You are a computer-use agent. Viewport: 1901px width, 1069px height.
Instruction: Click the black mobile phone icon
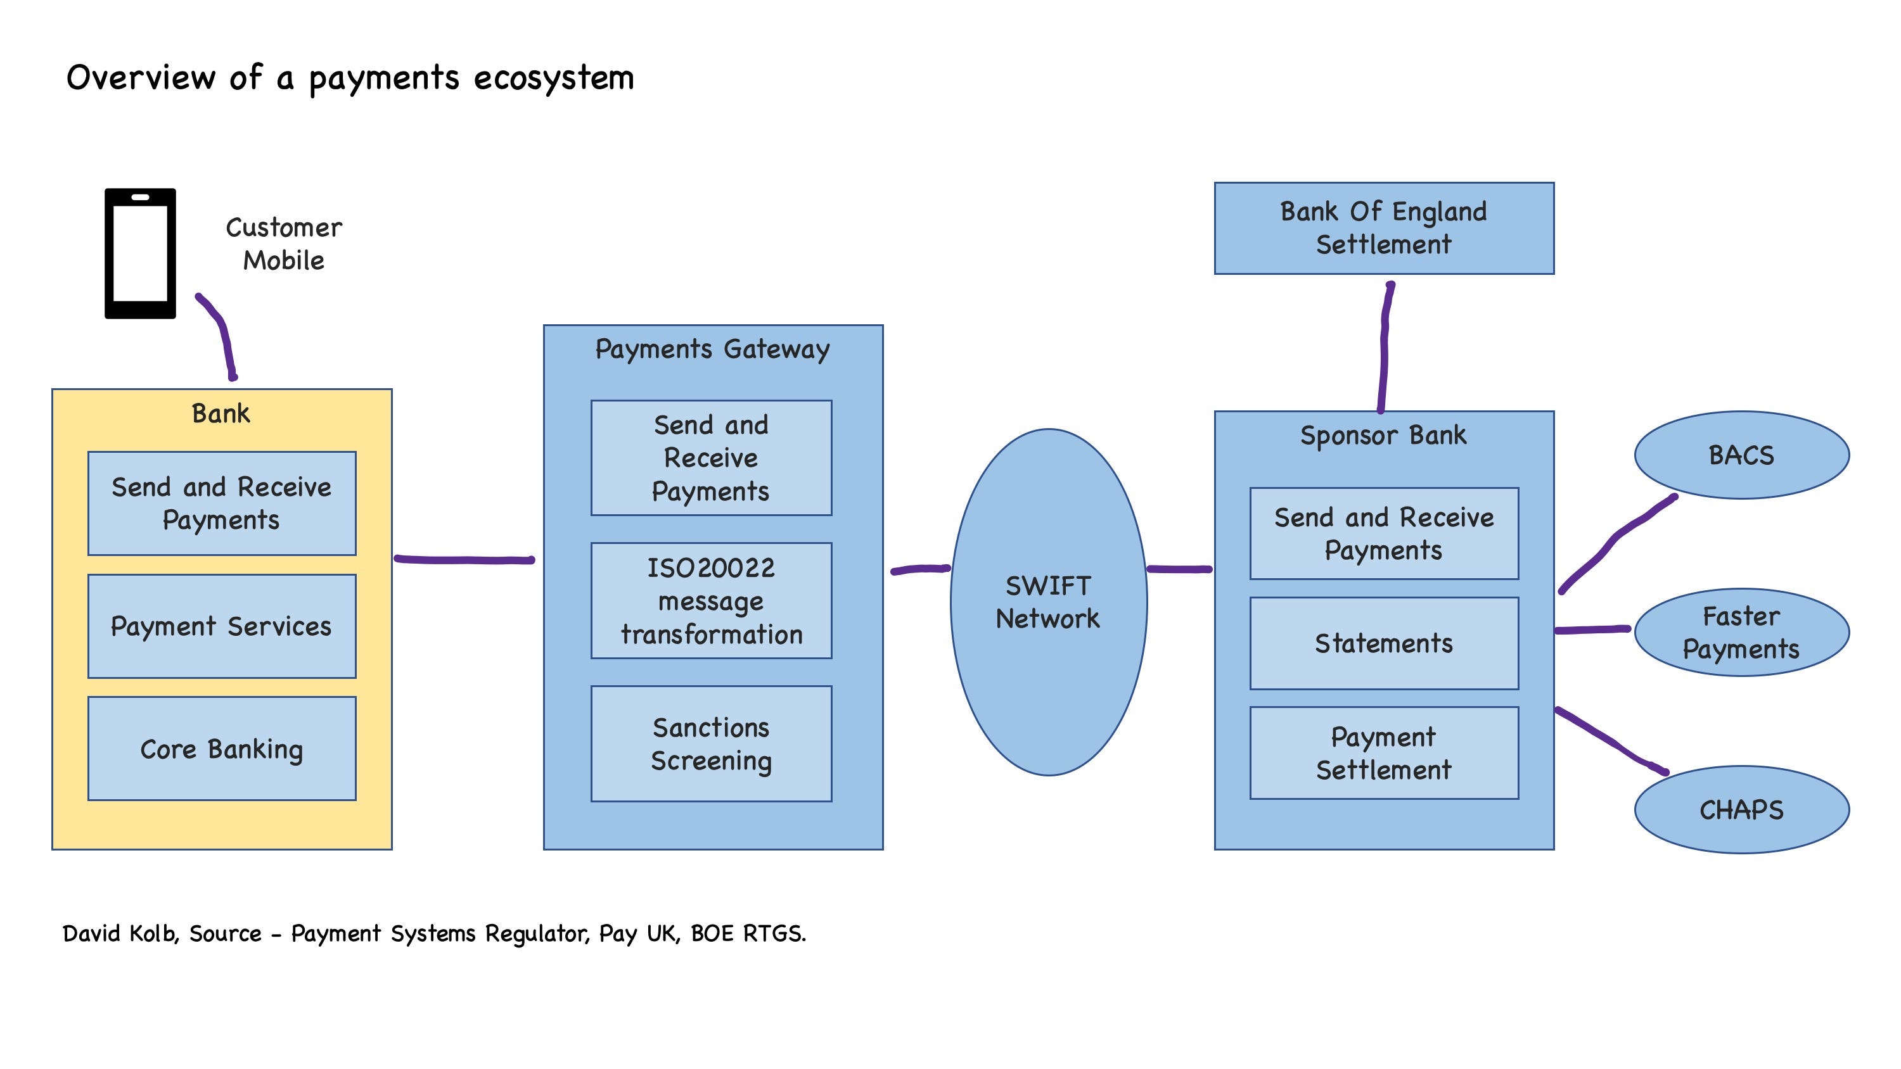[x=140, y=253]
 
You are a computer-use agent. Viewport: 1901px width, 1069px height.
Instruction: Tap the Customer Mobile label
[x=283, y=244]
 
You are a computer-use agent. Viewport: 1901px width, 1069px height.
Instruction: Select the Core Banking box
[x=221, y=749]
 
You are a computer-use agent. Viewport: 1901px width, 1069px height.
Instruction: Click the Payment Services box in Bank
[x=221, y=626]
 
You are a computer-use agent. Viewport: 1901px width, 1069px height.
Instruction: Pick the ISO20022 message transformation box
[x=711, y=600]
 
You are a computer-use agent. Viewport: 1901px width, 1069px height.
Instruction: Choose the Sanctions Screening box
[x=711, y=743]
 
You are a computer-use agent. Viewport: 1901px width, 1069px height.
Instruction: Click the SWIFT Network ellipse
[x=1048, y=602]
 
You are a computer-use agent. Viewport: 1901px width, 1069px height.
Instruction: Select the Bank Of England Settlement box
[x=1384, y=228]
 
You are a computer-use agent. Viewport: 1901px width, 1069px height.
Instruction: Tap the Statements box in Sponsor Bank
[x=1384, y=643]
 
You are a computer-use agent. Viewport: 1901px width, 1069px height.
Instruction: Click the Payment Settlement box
[x=1384, y=753]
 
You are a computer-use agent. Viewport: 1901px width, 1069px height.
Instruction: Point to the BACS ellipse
[x=1741, y=455]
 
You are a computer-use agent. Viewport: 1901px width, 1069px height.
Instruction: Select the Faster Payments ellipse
[x=1741, y=632]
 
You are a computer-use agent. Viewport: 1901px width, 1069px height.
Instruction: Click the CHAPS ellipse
[x=1741, y=810]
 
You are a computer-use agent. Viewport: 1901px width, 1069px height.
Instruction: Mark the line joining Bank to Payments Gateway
[x=465, y=560]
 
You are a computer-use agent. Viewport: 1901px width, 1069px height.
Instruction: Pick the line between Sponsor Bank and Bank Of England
[x=1385, y=347]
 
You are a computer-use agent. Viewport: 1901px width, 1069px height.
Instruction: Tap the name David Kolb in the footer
[x=120, y=934]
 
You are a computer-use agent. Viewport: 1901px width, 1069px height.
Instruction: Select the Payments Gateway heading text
[x=712, y=350]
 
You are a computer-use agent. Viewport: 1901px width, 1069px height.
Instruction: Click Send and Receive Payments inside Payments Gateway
[x=711, y=458]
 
